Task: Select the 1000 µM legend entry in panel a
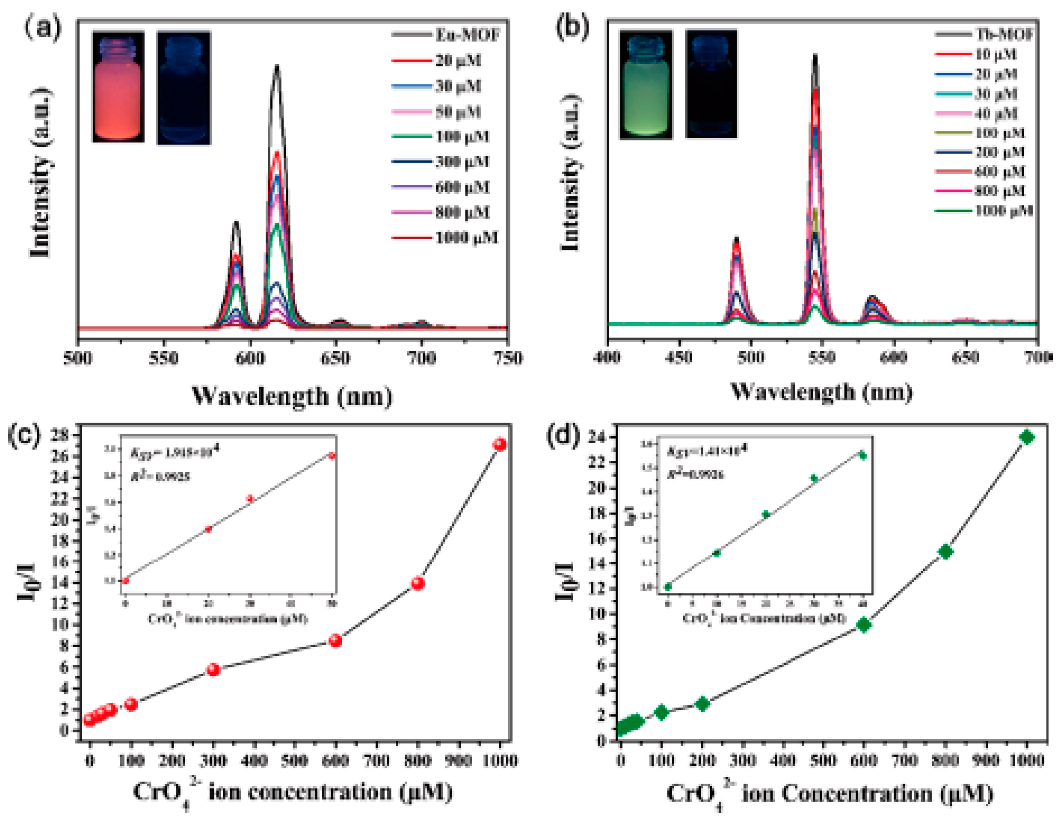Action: click(x=466, y=238)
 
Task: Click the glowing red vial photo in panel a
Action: click(x=118, y=87)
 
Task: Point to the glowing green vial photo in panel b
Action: click(x=645, y=85)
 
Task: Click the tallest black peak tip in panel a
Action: click(x=277, y=67)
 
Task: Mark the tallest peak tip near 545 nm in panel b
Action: click(x=815, y=55)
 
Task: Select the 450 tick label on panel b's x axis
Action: click(x=679, y=358)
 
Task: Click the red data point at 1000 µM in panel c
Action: click(x=500, y=444)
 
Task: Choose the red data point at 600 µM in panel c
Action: click(x=335, y=640)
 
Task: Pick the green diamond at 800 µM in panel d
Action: click(x=945, y=552)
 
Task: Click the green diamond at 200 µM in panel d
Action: click(x=702, y=704)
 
